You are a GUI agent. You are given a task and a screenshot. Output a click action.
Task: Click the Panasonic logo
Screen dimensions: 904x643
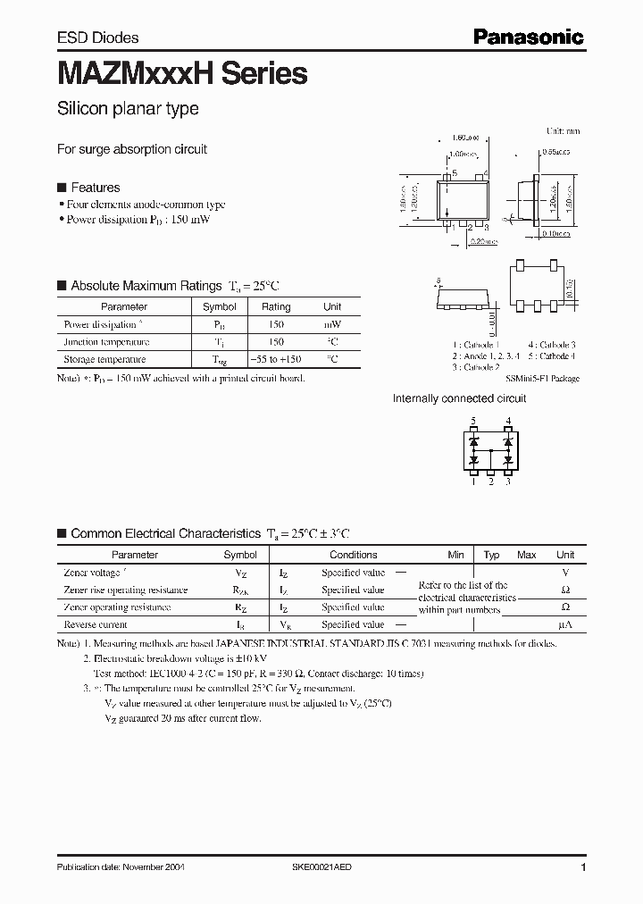click(528, 37)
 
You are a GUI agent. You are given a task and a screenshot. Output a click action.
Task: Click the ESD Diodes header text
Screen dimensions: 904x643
click(97, 38)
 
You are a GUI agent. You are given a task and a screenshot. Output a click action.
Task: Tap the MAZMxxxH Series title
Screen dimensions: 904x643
click(182, 74)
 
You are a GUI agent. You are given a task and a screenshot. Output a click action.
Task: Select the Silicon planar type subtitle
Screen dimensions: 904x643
click(128, 109)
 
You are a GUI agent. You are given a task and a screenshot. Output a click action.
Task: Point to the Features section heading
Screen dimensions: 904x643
click(95, 188)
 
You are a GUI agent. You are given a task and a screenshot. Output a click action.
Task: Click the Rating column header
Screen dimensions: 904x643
click(276, 306)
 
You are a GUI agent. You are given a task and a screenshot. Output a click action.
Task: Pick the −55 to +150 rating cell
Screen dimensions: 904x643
click(276, 359)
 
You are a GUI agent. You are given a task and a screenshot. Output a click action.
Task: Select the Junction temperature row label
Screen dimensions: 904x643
click(106, 341)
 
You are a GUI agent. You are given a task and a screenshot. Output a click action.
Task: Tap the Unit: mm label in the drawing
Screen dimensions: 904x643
click(563, 130)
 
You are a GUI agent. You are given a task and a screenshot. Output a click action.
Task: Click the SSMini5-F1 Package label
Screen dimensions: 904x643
click(542, 378)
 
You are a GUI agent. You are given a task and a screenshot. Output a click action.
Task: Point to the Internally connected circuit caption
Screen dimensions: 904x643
click(459, 398)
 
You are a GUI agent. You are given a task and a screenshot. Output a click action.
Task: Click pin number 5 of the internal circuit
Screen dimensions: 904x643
click(474, 420)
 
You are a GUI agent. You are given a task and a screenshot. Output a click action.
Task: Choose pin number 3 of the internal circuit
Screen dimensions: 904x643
click(508, 481)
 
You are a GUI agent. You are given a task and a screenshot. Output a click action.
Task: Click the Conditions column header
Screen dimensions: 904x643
click(353, 555)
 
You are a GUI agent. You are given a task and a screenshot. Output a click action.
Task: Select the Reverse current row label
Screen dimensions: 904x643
click(96, 624)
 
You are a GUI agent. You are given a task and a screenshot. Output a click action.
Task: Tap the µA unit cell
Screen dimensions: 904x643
click(564, 624)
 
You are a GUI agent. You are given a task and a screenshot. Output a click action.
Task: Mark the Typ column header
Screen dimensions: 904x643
click(491, 555)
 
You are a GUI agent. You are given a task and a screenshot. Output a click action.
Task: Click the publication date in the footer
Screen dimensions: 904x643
click(121, 867)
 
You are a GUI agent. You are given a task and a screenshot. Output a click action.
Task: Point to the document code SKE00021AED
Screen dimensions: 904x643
click(328, 867)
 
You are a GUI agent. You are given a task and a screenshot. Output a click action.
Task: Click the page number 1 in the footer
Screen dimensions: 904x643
click(583, 867)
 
